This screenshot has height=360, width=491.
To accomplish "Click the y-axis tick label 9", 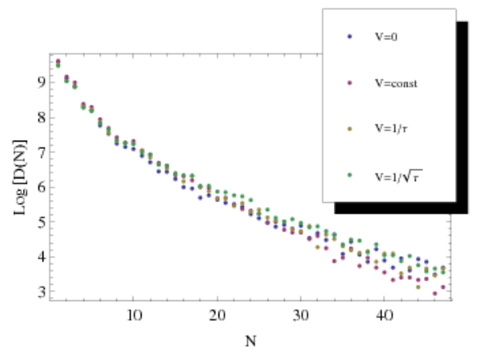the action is (42, 83).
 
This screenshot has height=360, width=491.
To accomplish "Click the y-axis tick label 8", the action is (42, 118).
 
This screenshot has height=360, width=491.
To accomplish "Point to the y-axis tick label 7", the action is (42, 152).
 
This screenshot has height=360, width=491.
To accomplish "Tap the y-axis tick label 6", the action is (42, 187).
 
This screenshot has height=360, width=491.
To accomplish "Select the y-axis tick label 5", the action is (42, 222).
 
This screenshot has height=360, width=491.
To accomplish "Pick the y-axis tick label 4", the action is (42, 257).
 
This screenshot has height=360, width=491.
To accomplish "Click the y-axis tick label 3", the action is (42, 292).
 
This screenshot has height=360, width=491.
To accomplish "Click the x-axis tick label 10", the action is (134, 315).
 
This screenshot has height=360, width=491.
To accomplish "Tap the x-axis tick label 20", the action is (218, 315).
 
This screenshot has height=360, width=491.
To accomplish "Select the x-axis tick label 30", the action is (301, 315).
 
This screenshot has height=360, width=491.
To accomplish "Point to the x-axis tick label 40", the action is (385, 315).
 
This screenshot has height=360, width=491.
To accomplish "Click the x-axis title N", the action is (250, 341).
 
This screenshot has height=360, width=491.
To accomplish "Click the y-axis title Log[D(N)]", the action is (20, 178).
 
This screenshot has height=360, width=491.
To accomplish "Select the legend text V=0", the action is (386, 37).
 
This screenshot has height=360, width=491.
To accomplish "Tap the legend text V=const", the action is (396, 83).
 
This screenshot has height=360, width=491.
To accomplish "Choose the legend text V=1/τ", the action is (391, 128).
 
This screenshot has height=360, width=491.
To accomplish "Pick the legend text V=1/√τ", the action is (399, 176).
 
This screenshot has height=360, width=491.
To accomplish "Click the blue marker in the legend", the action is (349, 37).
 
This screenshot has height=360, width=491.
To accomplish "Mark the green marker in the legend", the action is (349, 175).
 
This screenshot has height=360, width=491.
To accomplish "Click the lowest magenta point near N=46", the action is (435, 294).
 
